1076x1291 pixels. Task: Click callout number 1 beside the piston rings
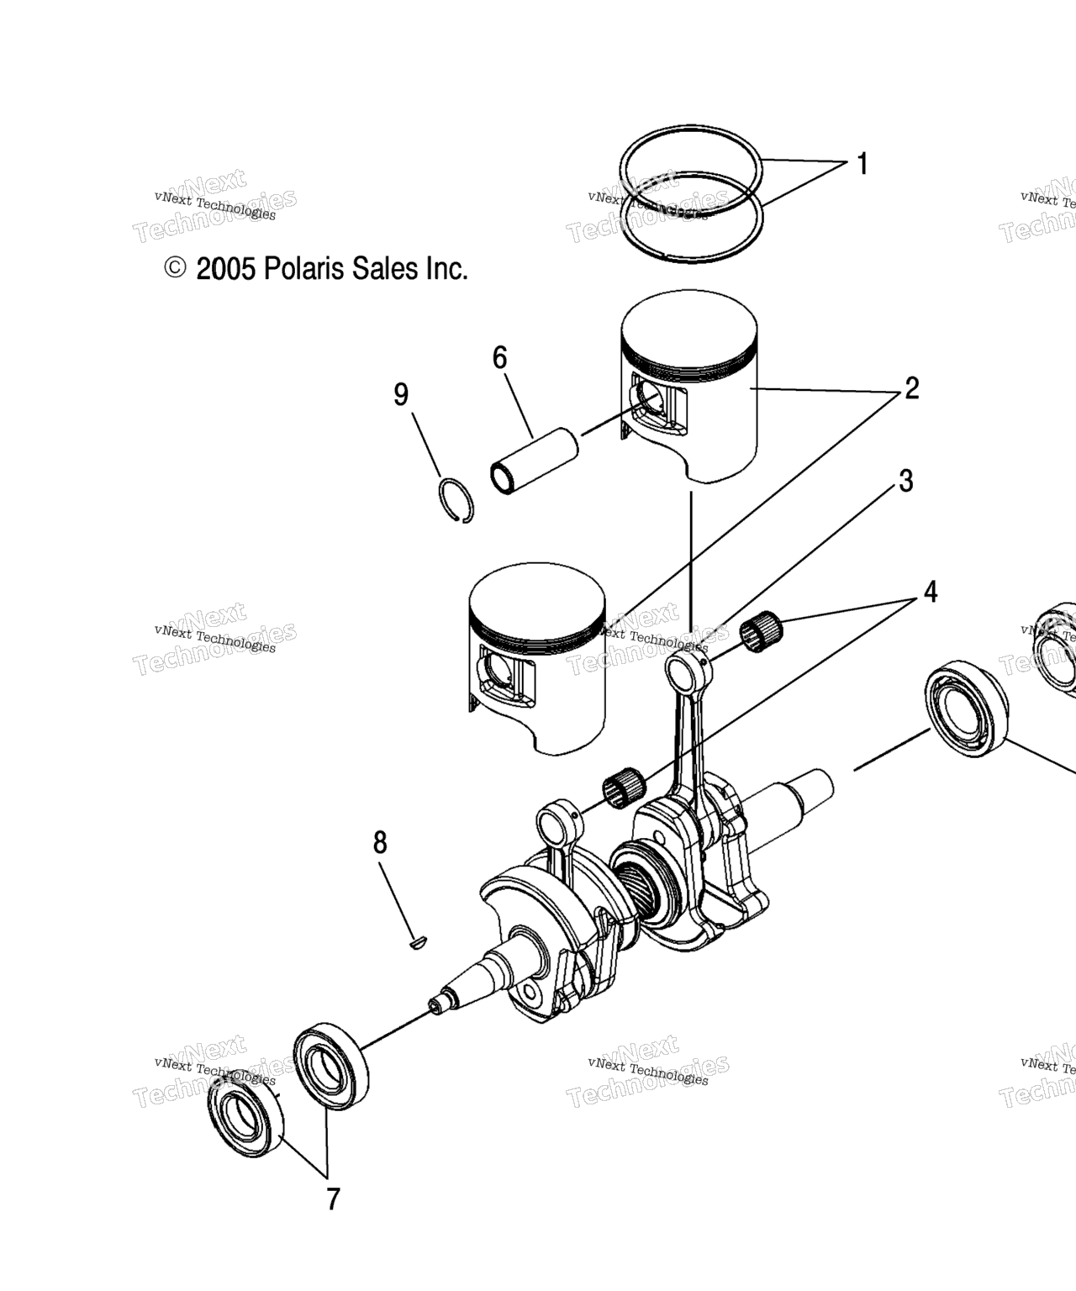coord(862,164)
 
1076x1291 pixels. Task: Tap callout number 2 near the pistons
coord(911,388)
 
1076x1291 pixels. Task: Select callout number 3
coord(906,481)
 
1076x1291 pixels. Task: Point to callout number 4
coord(931,592)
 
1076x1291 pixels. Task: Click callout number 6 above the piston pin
coord(499,357)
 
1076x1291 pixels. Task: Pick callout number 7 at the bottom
coord(334,1199)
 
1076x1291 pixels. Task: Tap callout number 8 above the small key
coord(380,842)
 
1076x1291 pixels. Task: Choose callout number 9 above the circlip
coord(401,394)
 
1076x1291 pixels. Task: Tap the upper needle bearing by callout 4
coord(762,630)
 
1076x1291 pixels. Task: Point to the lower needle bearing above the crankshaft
coord(624,788)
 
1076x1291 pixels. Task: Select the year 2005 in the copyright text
coord(226,270)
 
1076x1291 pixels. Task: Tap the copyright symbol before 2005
coord(175,268)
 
